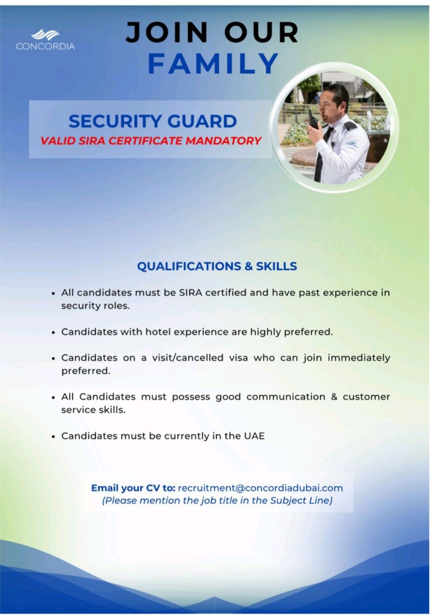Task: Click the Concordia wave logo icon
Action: click(x=45, y=35)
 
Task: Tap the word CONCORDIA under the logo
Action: click(x=45, y=46)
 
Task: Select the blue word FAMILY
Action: click(x=213, y=64)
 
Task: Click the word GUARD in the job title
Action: click(x=202, y=121)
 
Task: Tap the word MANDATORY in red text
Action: click(x=223, y=141)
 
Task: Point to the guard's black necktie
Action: click(x=322, y=154)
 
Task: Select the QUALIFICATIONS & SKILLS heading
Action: click(x=217, y=266)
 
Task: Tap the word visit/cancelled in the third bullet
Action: click(x=188, y=358)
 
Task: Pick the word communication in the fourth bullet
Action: click(x=286, y=397)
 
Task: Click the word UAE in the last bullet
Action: click(x=254, y=436)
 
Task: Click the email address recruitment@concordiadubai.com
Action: click(x=260, y=488)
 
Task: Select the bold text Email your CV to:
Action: click(x=133, y=488)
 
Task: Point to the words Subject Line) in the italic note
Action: click(x=301, y=500)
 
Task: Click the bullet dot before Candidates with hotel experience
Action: click(x=54, y=332)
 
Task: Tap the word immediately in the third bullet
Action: click(x=359, y=358)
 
